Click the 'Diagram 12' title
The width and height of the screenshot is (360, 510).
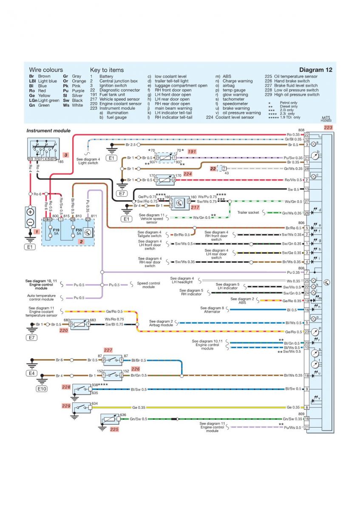pyautogui.click(x=315, y=70)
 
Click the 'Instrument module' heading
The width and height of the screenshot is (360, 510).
pyautogui.click(x=48, y=131)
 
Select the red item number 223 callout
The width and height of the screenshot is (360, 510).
pyautogui.click(x=328, y=127)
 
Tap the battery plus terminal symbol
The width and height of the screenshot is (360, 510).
pyautogui.click(x=30, y=212)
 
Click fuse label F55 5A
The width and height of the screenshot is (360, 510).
pyautogui.click(x=79, y=232)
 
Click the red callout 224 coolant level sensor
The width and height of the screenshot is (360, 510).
pyautogui.click(x=188, y=174)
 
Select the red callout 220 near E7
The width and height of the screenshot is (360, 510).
pyautogui.click(x=64, y=330)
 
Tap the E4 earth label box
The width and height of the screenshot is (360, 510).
pyautogui.click(x=31, y=374)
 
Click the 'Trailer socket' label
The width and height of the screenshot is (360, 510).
pyautogui.click(x=248, y=212)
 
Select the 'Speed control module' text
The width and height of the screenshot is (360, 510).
pyautogui.click(x=148, y=285)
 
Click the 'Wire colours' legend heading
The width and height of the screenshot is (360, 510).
pyautogui.click(x=46, y=70)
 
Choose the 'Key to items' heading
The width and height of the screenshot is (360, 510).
pyautogui.click(x=107, y=70)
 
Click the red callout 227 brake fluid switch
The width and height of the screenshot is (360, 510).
pyautogui.click(x=108, y=351)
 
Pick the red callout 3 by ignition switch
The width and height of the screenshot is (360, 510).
pyautogui.click(x=65, y=155)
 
